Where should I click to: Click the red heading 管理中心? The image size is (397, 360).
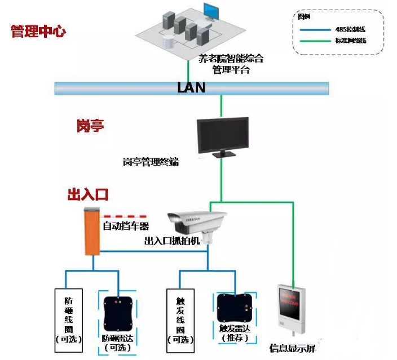pos(38,30)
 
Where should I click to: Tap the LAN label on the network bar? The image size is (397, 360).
pos(191,88)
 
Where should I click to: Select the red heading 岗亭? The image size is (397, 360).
pos(90,126)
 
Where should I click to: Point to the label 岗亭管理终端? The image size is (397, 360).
pos(151,162)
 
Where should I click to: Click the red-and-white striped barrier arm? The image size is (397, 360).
pos(124,216)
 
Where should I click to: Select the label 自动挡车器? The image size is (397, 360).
pos(125,226)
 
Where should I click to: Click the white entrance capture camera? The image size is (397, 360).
pos(197,222)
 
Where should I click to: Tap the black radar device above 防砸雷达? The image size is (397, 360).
pos(118,312)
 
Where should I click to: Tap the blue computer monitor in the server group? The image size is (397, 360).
pos(211,11)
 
